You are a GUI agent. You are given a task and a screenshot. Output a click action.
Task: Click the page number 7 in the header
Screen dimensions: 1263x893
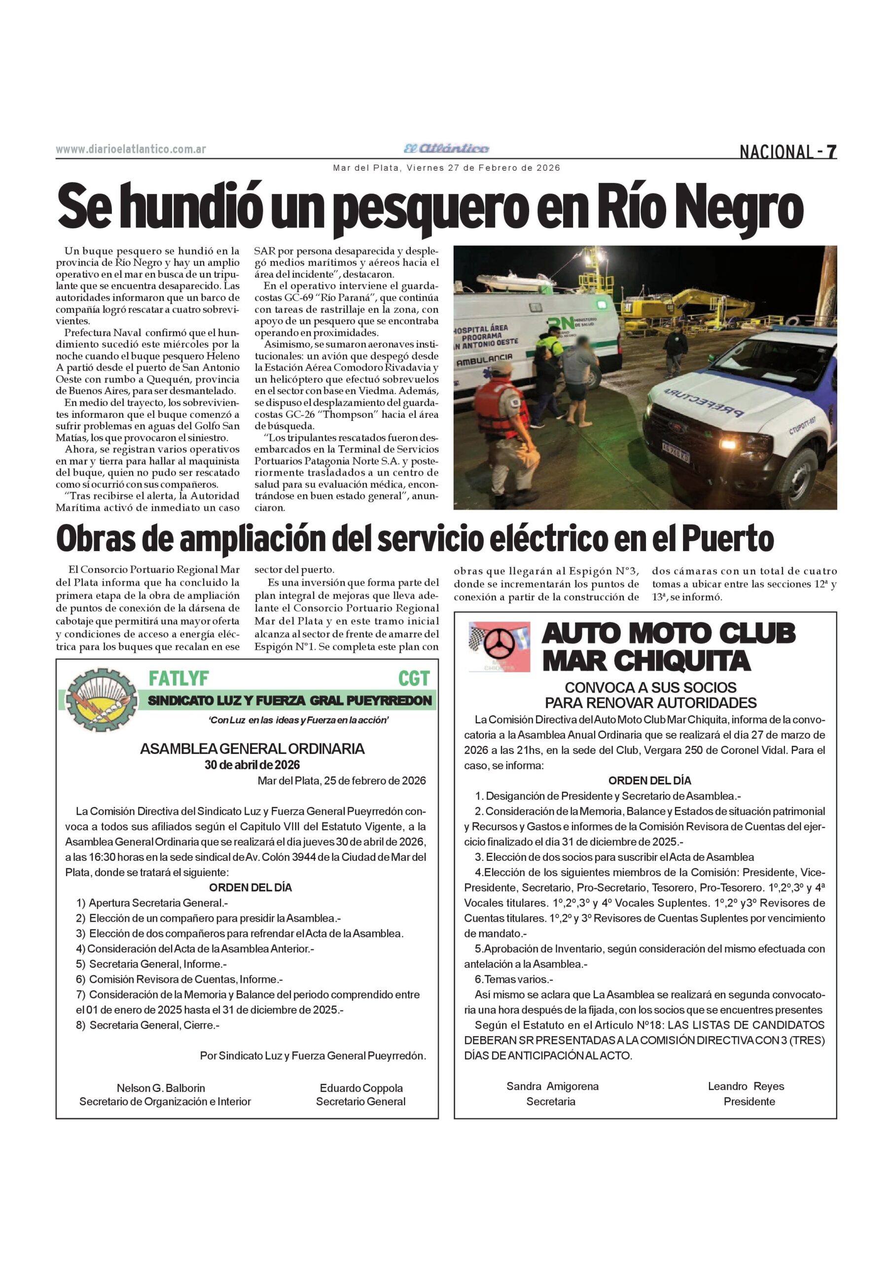click(831, 151)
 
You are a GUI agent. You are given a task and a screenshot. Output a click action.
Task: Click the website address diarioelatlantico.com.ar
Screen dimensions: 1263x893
click(131, 149)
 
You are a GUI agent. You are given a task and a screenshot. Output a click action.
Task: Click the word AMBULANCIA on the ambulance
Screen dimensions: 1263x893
click(484, 359)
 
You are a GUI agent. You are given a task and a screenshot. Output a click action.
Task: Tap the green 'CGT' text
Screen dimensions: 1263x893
click(414, 679)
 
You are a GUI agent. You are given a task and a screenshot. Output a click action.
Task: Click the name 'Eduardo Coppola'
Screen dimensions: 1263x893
click(361, 1088)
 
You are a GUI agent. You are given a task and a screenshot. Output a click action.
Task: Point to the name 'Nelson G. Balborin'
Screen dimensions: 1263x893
click(161, 1088)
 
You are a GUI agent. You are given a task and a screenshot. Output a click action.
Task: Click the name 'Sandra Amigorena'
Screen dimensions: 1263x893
click(552, 1086)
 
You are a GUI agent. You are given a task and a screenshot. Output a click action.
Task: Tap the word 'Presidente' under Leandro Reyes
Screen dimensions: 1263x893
click(749, 1101)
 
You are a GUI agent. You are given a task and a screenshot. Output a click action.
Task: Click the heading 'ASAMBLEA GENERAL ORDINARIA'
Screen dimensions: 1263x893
click(252, 748)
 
